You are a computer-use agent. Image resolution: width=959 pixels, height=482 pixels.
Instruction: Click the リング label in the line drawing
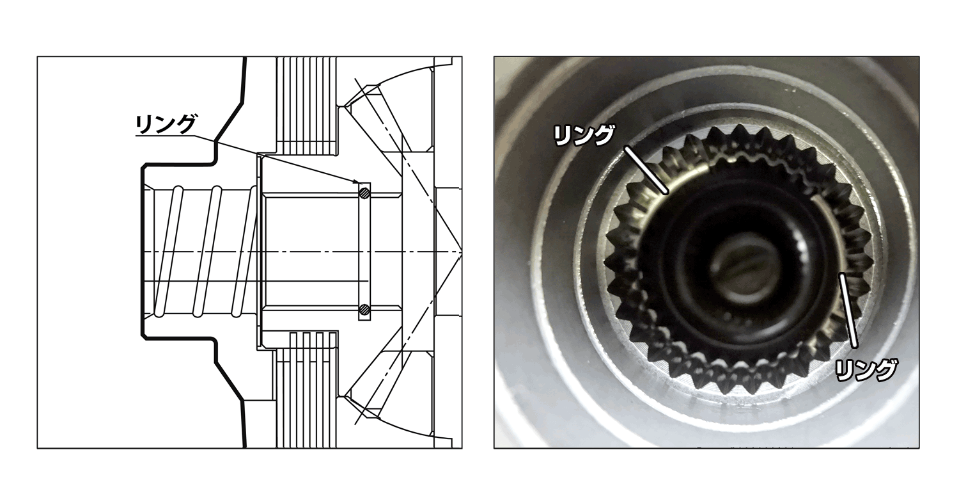[165, 124]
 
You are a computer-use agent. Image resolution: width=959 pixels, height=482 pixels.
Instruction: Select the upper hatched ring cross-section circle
[364, 193]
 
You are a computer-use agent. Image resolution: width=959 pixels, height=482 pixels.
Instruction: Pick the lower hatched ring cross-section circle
[364, 309]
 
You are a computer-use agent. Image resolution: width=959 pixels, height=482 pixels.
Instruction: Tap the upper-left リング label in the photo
[584, 136]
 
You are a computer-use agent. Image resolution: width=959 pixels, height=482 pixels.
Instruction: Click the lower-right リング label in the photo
[866, 371]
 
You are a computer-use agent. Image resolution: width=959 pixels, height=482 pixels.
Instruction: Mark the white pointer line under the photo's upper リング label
[646, 170]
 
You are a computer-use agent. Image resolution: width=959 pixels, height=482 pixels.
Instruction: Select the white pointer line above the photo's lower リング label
[848, 310]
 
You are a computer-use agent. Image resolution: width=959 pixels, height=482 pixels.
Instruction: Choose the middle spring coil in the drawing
[207, 251]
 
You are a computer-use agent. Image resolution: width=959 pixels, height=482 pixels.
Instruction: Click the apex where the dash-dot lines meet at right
[461, 251]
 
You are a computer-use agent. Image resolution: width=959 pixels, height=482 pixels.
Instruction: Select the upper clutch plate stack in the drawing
[306, 106]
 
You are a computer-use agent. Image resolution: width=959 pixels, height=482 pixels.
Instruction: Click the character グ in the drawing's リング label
[185, 124]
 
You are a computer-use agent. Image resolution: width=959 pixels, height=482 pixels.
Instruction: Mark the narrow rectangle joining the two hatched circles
[364, 252]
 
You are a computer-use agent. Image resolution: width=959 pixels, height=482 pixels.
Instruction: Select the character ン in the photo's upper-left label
[582, 136]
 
